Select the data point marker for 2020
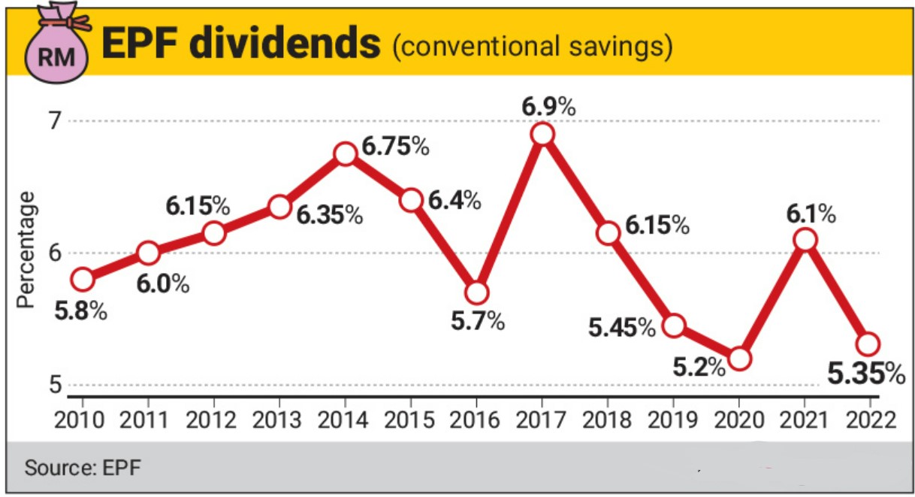(x=739, y=359)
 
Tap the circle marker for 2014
(x=345, y=154)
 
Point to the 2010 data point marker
(x=82, y=280)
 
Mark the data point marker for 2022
(x=868, y=344)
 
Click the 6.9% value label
(x=549, y=107)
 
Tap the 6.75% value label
(x=396, y=146)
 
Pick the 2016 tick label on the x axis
(x=476, y=419)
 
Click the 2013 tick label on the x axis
(x=279, y=419)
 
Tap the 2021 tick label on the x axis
(x=805, y=419)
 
